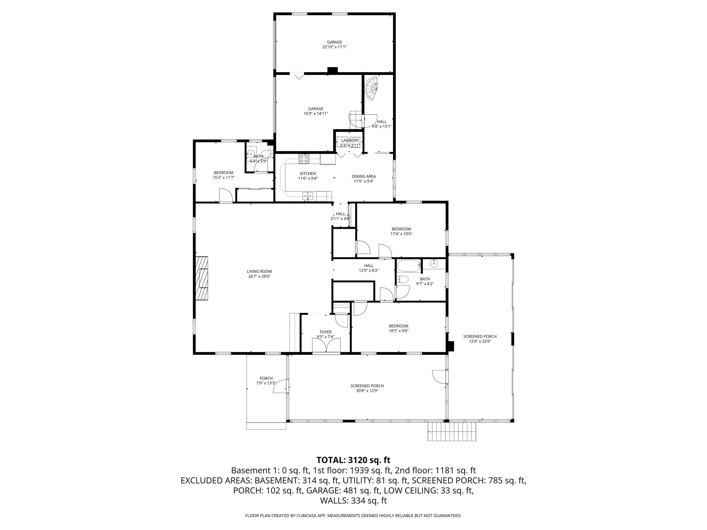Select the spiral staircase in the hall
pos(371,89)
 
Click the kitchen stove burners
pos(304,159)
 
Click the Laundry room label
pos(350,141)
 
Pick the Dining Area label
pos(364,176)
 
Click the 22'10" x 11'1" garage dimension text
pos(335,47)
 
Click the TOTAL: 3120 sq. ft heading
pos(353,460)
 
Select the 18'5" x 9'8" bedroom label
pos(399,326)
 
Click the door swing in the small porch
pos(280,386)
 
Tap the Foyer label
pos(326,332)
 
